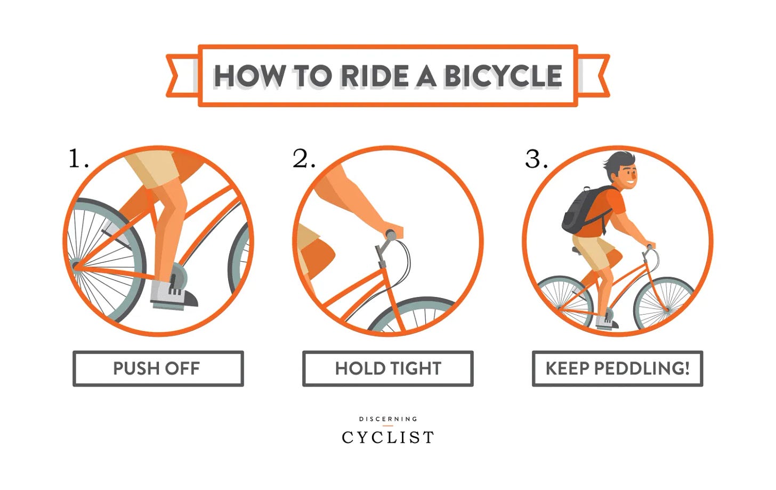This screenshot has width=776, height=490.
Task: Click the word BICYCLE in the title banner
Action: point(503,76)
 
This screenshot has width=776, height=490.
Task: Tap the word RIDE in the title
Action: point(375,76)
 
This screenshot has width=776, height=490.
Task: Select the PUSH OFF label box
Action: point(158,368)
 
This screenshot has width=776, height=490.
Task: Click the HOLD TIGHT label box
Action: point(387,368)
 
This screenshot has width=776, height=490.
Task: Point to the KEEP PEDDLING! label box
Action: point(617,368)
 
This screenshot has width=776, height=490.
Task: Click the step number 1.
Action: point(79,158)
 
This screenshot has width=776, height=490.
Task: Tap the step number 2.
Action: point(304,158)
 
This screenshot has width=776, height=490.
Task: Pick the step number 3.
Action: point(536,158)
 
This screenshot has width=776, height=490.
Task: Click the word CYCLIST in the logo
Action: point(387,437)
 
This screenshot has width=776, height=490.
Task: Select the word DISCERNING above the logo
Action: point(388,419)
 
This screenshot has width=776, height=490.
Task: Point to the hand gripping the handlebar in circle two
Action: point(393,229)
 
